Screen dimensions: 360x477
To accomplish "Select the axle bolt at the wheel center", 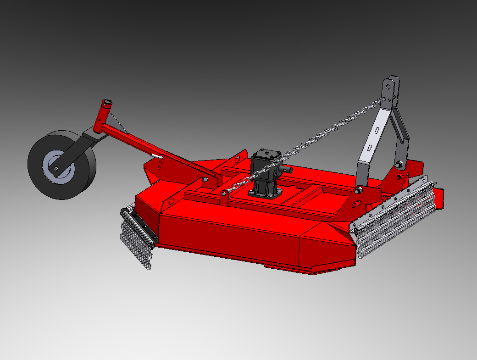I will pyautogui.click(x=56, y=168).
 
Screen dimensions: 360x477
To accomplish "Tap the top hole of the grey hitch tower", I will pyautogui.click(x=388, y=86).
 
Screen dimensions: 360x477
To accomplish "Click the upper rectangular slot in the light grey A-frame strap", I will pyautogui.click(x=376, y=131).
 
